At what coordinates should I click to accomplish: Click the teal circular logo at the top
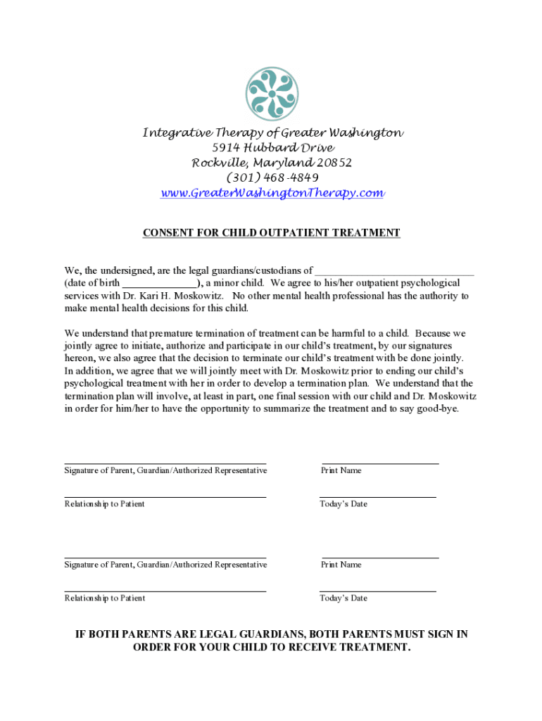(x=272, y=94)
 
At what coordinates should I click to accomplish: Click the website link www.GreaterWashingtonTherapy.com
(x=272, y=193)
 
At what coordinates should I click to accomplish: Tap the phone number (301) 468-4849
(x=272, y=177)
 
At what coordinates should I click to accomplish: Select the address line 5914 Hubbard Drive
(x=272, y=148)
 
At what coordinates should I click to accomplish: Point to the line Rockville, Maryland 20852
(x=272, y=163)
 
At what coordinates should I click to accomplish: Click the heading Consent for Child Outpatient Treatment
(x=272, y=233)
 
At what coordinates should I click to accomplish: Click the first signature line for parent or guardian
(x=165, y=462)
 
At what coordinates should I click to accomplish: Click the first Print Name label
(x=341, y=470)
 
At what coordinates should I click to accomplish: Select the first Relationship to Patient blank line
(x=165, y=496)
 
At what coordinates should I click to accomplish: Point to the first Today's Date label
(x=344, y=504)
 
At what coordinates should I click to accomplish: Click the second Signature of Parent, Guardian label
(x=165, y=565)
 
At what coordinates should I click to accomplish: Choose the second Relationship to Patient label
(x=105, y=598)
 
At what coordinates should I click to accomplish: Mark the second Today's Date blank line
(x=378, y=590)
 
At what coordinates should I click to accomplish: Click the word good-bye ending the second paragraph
(x=437, y=408)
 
